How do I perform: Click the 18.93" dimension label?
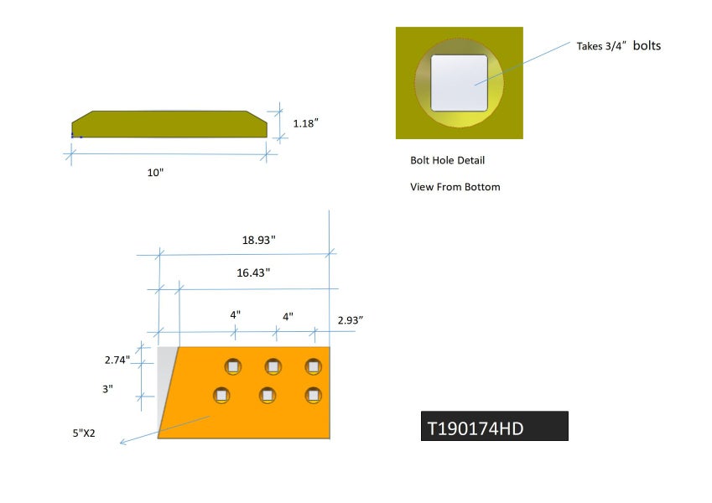click(x=259, y=240)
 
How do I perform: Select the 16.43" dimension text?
click(x=254, y=273)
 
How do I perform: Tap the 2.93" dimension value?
click(x=351, y=320)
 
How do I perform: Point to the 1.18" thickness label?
click(x=306, y=123)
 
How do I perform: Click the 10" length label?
click(x=155, y=173)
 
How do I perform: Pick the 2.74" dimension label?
click(x=117, y=360)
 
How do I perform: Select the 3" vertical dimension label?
click(x=107, y=390)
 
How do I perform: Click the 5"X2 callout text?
click(x=83, y=433)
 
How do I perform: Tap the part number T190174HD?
click(x=476, y=428)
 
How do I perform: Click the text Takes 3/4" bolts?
click(x=618, y=46)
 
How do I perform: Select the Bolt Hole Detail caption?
click(x=447, y=160)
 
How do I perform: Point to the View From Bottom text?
click(x=455, y=187)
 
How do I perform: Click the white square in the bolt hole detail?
click(x=459, y=83)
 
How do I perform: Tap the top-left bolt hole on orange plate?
click(x=232, y=366)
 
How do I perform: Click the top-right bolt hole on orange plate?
click(x=313, y=366)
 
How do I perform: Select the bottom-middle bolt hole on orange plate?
click(x=268, y=394)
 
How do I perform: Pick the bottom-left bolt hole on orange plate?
click(x=221, y=394)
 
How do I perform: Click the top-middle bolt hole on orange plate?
click(x=273, y=366)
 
